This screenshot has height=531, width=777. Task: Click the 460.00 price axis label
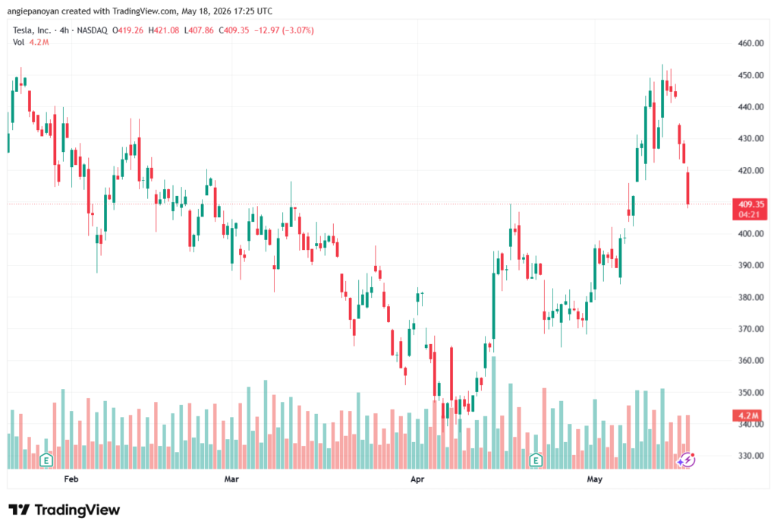click(x=750, y=43)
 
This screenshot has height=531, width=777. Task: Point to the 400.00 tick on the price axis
click(x=750, y=234)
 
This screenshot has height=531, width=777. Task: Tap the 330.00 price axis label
click(x=750, y=456)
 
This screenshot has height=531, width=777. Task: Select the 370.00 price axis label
click(x=750, y=328)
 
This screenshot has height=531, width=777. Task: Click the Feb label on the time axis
click(x=71, y=479)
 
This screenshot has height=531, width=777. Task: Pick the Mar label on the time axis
click(x=231, y=479)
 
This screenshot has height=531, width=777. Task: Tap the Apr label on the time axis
click(x=417, y=479)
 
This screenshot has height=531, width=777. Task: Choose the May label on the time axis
click(x=594, y=479)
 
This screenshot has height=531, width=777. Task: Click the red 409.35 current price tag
click(x=750, y=210)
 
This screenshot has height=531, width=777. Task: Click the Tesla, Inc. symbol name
click(x=32, y=30)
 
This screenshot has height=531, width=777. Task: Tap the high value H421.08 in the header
click(x=164, y=30)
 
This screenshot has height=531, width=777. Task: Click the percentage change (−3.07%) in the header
click(x=297, y=30)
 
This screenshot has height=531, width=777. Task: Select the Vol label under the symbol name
click(x=18, y=43)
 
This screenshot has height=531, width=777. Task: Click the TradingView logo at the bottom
click(x=64, y=510)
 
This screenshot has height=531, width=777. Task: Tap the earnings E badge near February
click(x=46, y=460)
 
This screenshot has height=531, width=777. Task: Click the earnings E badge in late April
click(x=536, y=460)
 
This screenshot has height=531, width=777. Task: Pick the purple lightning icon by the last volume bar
click(x=687, y=460)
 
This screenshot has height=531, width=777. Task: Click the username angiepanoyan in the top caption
click(x=33, y=11)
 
